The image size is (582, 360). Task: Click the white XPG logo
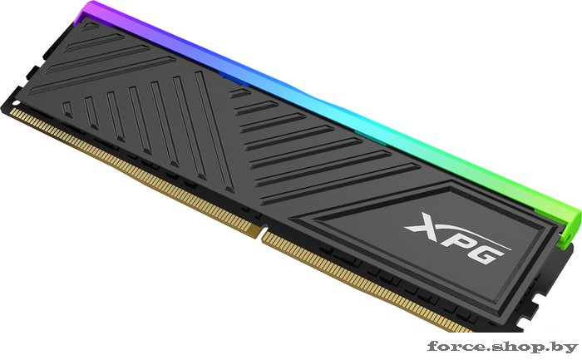458,238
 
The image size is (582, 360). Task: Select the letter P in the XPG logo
454,238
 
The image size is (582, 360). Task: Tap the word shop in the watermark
519,348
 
